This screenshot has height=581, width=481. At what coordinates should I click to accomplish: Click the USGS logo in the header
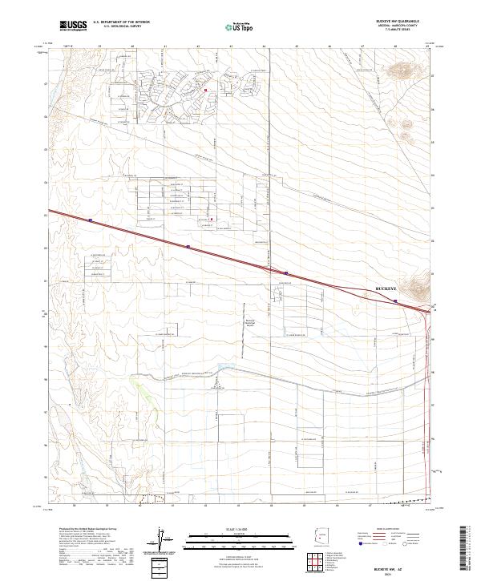pyautogui.click(x=74, y=26)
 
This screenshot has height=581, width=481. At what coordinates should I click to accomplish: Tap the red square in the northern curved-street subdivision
pyautogui.click(x=205, y=91)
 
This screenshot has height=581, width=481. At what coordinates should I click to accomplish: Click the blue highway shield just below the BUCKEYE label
pyautogui.click(x=396, y=301)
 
